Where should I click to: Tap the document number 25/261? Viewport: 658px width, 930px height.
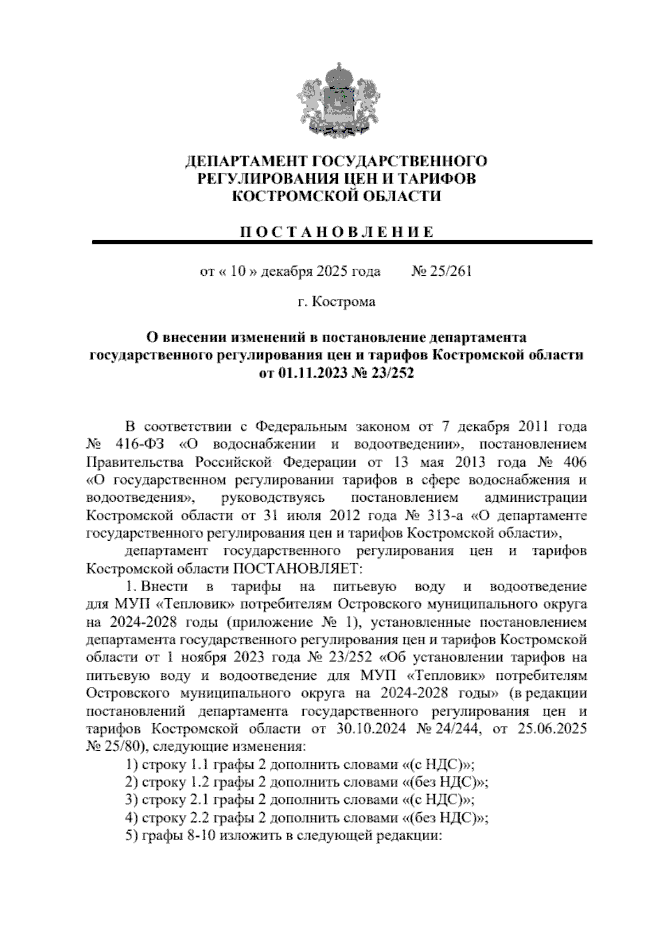(449, 271)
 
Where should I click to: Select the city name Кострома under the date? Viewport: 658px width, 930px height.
(344, 302)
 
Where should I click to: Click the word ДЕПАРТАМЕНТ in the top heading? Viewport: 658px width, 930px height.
(246, 162)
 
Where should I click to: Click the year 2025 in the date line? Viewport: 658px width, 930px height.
(331, 271)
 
